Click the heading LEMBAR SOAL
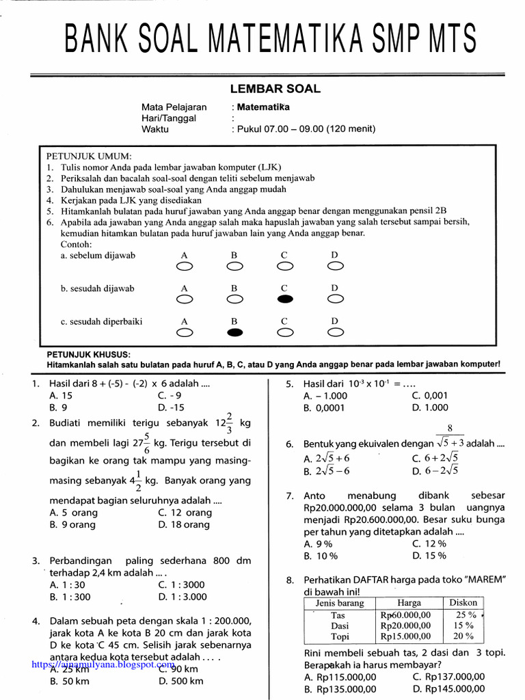coord(274,89)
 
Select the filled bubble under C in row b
coord(285,299)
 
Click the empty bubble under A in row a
coord(184,266)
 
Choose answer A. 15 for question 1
coord(62,395)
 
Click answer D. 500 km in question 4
coord(180,681)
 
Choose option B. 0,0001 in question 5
coord(325,407)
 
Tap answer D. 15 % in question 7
coord(429,556)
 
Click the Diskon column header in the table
coord(463,603)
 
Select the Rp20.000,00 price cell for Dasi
coord(405,625)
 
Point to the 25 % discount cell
coord(463,615)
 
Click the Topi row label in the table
coord(340,636)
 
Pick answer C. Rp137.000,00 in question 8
coord(448,677)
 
